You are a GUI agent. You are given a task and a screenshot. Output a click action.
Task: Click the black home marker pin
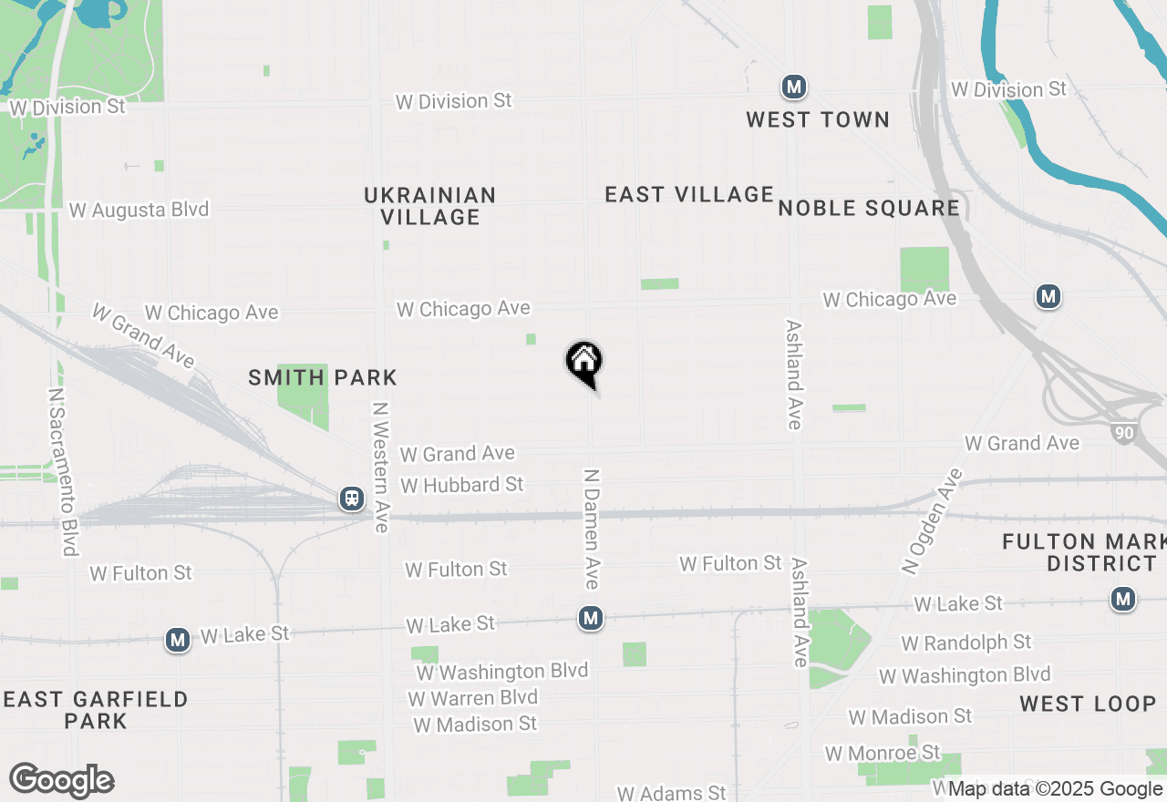[584, 362]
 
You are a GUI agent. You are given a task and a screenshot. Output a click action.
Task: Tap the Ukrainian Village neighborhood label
[429, 206]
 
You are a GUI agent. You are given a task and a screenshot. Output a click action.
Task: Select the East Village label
[689, 194]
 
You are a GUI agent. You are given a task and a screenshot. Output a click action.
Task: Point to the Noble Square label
[869, 209]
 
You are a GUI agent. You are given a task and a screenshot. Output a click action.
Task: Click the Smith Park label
[323, 377]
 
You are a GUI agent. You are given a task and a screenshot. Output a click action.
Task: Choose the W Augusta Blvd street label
[139, 210]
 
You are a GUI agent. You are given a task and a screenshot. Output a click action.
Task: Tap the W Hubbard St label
[462, 485]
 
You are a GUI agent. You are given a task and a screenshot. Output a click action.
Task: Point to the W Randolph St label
[966, 643]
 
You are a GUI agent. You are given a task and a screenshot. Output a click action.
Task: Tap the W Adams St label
[671, 793]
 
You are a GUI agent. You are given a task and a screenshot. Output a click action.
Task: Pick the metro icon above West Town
[794, 87]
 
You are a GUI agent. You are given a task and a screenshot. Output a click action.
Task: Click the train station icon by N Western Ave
[351, 499]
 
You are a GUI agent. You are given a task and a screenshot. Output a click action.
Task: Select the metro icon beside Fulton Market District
[1123, 599]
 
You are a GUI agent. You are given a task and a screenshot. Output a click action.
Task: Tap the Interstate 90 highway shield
[1124, 433]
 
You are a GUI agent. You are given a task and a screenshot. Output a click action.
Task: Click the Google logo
[61, 780]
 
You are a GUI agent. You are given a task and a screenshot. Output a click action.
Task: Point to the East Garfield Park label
[96, 710]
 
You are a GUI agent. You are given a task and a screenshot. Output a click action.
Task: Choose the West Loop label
[1088, 704]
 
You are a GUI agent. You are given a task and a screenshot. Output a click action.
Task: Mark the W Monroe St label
[882, 754]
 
